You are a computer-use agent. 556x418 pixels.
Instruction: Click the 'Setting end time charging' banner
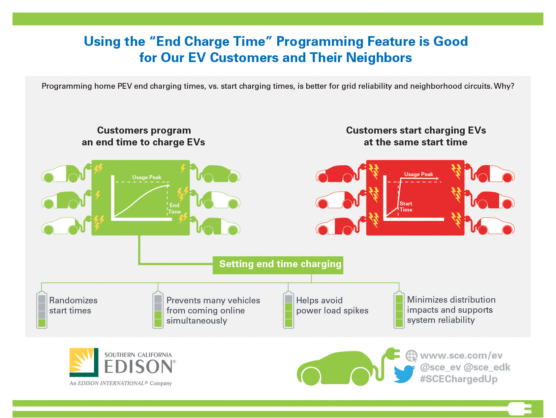pos(278,265)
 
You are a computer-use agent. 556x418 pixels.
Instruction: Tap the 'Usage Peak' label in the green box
pos(147,177)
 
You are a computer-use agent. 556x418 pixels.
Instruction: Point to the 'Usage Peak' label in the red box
pos(419,174)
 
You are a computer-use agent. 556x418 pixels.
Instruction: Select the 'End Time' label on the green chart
pos(175,208)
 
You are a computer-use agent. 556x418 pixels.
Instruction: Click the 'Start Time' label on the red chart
pos(406,206)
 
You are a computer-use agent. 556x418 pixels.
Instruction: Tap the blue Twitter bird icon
pos(404,374)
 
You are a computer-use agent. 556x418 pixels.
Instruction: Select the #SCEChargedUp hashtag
pos(459,379)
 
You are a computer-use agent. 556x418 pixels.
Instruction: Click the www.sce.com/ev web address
pos(461,355)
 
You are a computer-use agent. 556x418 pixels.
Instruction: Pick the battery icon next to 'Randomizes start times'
pos(42,310)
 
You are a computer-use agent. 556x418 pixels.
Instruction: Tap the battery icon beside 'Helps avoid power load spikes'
pos(288,310)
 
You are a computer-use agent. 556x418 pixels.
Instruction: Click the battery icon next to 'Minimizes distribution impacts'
pos(399,310)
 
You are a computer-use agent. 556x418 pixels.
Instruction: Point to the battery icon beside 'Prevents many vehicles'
pos(158,310)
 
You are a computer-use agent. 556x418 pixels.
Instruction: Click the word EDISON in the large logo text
pos(138,366)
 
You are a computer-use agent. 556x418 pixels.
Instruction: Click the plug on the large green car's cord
pos(392,354)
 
